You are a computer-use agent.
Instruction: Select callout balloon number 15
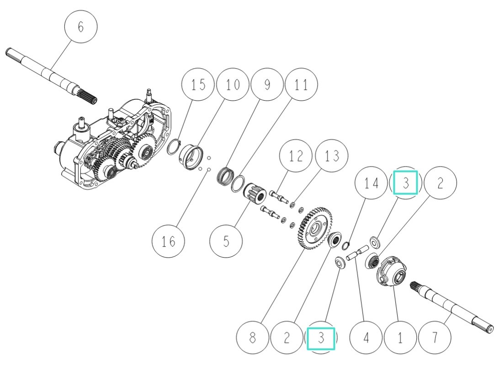point(198,85)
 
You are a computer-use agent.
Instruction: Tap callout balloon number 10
point(233,85)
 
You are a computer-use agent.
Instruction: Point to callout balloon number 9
point(267,85)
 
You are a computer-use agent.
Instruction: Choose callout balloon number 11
point(301,85)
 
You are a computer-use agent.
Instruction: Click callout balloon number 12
point(296,156)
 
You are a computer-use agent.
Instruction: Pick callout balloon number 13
point(332,156)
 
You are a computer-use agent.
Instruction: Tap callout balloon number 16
point(169,241)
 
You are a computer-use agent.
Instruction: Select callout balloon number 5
point(227,241)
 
